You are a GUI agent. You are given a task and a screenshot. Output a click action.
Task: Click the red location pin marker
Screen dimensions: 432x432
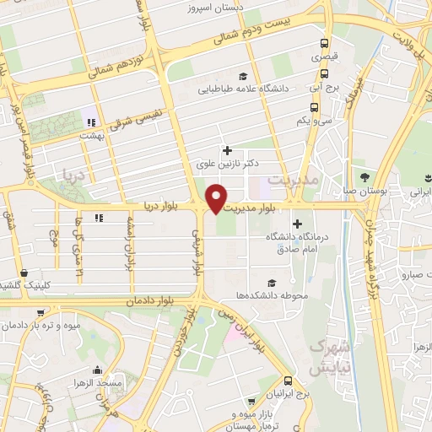[x=218, y=199]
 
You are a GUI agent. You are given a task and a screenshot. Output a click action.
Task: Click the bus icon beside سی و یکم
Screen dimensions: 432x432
[x=314, y=107]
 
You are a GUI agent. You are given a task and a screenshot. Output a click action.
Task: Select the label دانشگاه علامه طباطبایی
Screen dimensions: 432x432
[x=244, y=88]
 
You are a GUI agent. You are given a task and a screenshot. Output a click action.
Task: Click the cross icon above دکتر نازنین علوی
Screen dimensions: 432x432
[x=226, y=150]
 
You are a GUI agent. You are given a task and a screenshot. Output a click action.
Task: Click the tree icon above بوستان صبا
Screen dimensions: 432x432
[x=364, y=177]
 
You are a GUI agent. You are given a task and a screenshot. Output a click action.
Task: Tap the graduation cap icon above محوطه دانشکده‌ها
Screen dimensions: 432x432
[x=272, y=283]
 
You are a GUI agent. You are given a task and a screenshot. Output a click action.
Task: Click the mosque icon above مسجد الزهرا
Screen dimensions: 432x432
[x=97, y=370]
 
